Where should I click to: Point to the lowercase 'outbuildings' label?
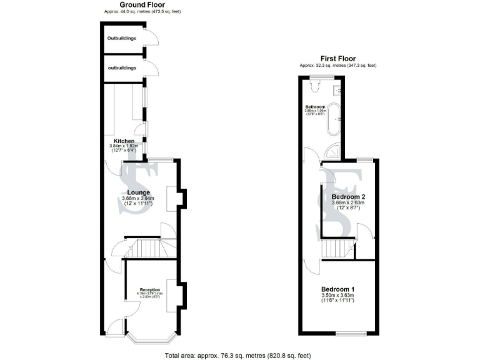(121, 67)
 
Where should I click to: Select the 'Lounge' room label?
(137, 192)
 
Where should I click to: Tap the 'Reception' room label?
(150, 289)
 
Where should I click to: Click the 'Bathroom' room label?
(315, 107)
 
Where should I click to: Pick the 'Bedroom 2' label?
(347, 196)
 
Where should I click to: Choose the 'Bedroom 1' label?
(337, 289)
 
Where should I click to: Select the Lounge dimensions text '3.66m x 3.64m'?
(137, 199)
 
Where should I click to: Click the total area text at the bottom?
(237, 355)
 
